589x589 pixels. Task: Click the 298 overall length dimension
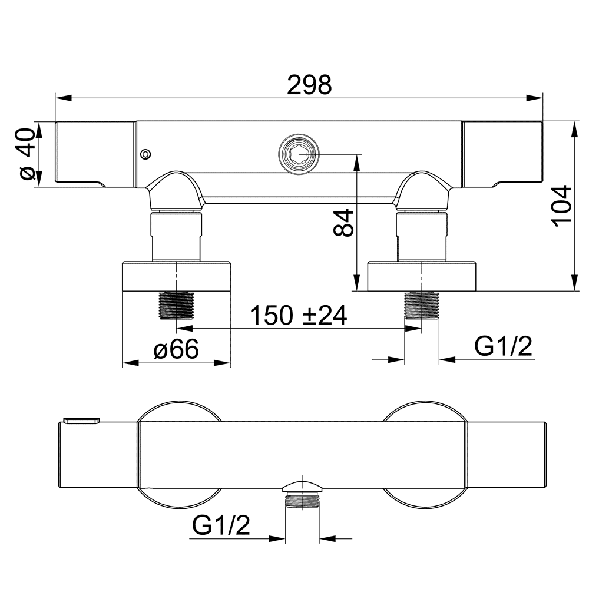309,85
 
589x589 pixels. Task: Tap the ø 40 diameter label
28,154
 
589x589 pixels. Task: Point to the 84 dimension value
343,223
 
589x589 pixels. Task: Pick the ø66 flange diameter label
176,349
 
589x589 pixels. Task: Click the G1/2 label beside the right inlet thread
504,346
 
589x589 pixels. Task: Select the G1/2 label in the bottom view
221,525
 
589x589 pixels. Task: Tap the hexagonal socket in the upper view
298,154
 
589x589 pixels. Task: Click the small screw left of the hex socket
145,154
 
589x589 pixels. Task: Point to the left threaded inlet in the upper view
176,305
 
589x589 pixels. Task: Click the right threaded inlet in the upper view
422,305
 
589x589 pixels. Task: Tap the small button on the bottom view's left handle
81,420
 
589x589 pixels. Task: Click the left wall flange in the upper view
176,276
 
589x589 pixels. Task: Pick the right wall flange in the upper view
422,276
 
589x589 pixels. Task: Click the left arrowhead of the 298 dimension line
63,98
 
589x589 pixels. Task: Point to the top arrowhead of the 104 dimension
574,130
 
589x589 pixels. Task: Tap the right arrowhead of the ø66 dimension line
222,363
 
